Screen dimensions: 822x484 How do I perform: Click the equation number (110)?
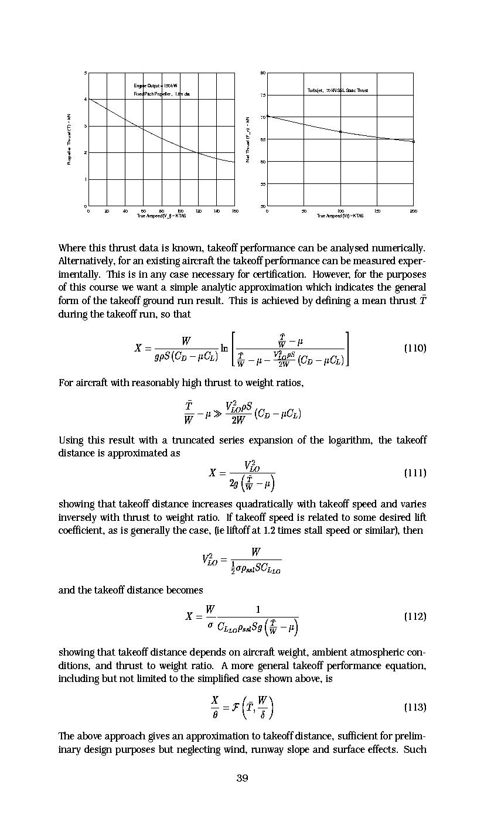click(415, 348)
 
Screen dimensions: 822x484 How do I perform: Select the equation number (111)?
click(415, 473)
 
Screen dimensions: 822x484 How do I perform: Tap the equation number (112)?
click(415, 616)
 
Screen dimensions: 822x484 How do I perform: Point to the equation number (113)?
click(415, 707)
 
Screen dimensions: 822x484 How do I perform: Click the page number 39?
click(242, 778)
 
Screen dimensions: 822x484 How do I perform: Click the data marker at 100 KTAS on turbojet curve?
click(340, 132)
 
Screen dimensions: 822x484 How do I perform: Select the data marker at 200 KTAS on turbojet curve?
click(414, 141)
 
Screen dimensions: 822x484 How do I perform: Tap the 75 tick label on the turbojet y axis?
click(263, 95)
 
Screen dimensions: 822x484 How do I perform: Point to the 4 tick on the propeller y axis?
click(86, 100)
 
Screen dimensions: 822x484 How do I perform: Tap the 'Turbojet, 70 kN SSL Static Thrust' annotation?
click(338, 90)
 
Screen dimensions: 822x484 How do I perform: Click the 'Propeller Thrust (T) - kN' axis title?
click(69, 139)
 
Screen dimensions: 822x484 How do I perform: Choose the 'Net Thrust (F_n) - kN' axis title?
click(248, 139)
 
